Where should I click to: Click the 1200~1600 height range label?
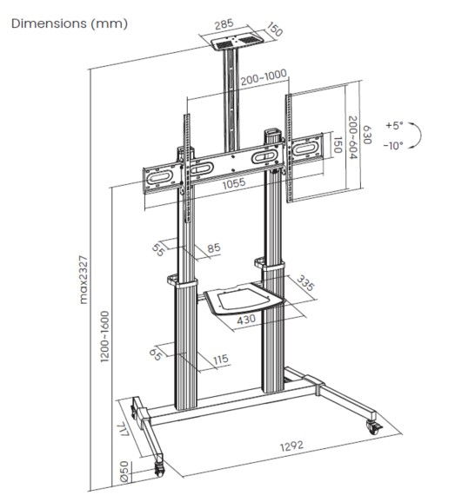pos(104,336)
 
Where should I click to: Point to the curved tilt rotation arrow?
pos(417,135)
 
